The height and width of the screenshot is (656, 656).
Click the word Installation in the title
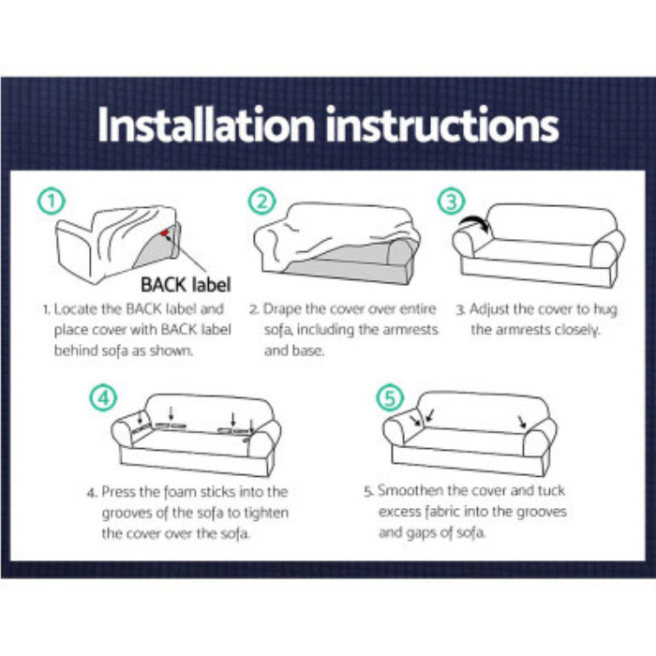pos(206,125)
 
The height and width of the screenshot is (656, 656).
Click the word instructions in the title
pos(441,125)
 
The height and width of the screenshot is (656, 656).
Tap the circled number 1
pos(52,201)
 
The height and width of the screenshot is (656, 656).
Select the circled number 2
pos(262,201)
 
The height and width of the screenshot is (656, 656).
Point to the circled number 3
pos(452,201)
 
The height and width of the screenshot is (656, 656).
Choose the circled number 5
pos(390,397)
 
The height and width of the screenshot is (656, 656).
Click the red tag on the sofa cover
pos(164,232)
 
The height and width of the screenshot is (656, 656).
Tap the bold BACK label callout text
pos(186,285)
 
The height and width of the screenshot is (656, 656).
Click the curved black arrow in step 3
pos(477,222)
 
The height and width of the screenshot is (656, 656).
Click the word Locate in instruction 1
pos(77,309)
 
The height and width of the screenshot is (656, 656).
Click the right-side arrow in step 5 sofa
pos(522,422)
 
